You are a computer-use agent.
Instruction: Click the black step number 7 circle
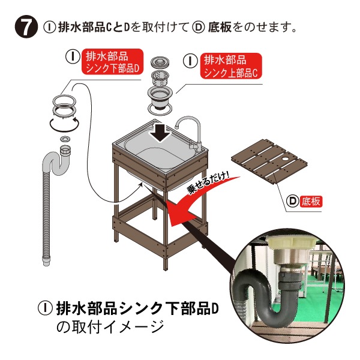coord(26,27)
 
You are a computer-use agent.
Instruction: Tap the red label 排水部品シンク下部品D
coord(113,62)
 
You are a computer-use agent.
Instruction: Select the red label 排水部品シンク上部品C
coord(231,66)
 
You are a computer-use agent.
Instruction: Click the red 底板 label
coord(311,202)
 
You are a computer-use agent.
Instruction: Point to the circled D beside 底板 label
coord(293,202)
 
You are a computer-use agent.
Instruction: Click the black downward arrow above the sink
coord(160,133)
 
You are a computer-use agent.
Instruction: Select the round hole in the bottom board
coord(286,158)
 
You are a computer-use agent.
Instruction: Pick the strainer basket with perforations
coord(160,78)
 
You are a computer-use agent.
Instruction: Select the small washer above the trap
coord(64,139)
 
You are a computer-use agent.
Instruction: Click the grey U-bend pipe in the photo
coord(268,298)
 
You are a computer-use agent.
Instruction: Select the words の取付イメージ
coord(110,326)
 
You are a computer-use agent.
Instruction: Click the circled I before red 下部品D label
coord(73,56)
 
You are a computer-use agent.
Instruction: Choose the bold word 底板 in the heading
coord(219,27)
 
